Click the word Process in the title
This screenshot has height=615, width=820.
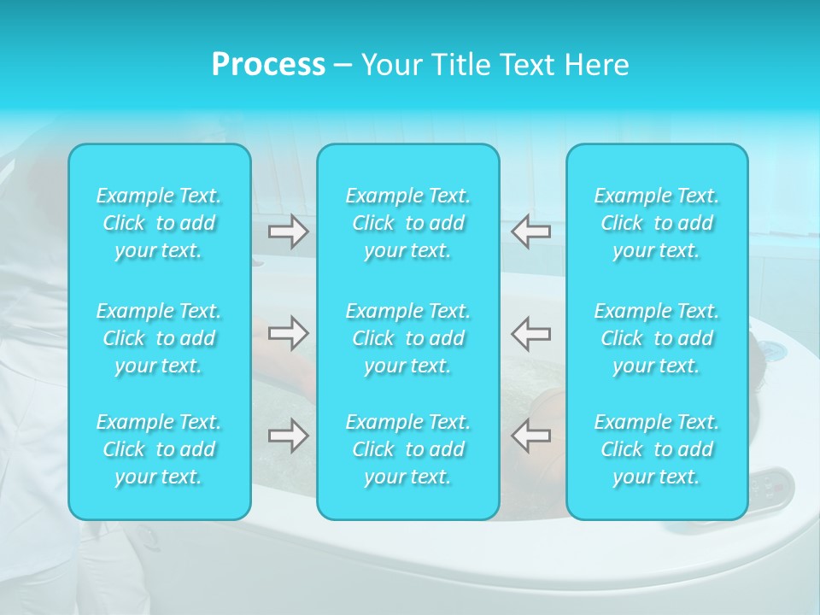pyautogui.click(x=268, y=65)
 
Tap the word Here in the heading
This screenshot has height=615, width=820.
pyautogui.click(x=596, y=65)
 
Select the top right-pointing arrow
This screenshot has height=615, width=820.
pyautogui.click(x=289, y=231)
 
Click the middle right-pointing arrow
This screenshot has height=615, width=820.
pyautogui.click(x=289, y=333)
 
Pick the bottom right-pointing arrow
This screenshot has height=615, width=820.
pyautogui.click(x=289, y=436)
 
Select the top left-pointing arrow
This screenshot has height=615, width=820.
pyautogui.click(x=530, y=231)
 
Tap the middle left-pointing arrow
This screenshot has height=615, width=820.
pyautogui.click(x=530, y=333)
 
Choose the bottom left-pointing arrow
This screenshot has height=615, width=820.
pyautogui.click(x=530, y=436)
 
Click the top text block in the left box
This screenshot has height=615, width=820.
pyautogui.click(x=159, y=223)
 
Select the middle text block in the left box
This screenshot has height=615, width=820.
pyautogui.click(x=159, y=338)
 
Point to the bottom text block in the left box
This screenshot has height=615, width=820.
pyautogui.click(x=159, y=449)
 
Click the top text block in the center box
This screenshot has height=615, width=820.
pyautogui.click(x=408, y=223)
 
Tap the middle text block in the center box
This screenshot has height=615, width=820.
pyautogui.click(x=408, y=338)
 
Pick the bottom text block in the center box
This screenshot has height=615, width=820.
pyautogui.click(x=408, y=449)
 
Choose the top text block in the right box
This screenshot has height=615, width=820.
pyautogui.click(x=657, y=223)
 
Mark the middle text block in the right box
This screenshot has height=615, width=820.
pyautogui.click(x=657, y=338)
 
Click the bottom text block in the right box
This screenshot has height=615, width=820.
pyautogui.click(x=657, y=449)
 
